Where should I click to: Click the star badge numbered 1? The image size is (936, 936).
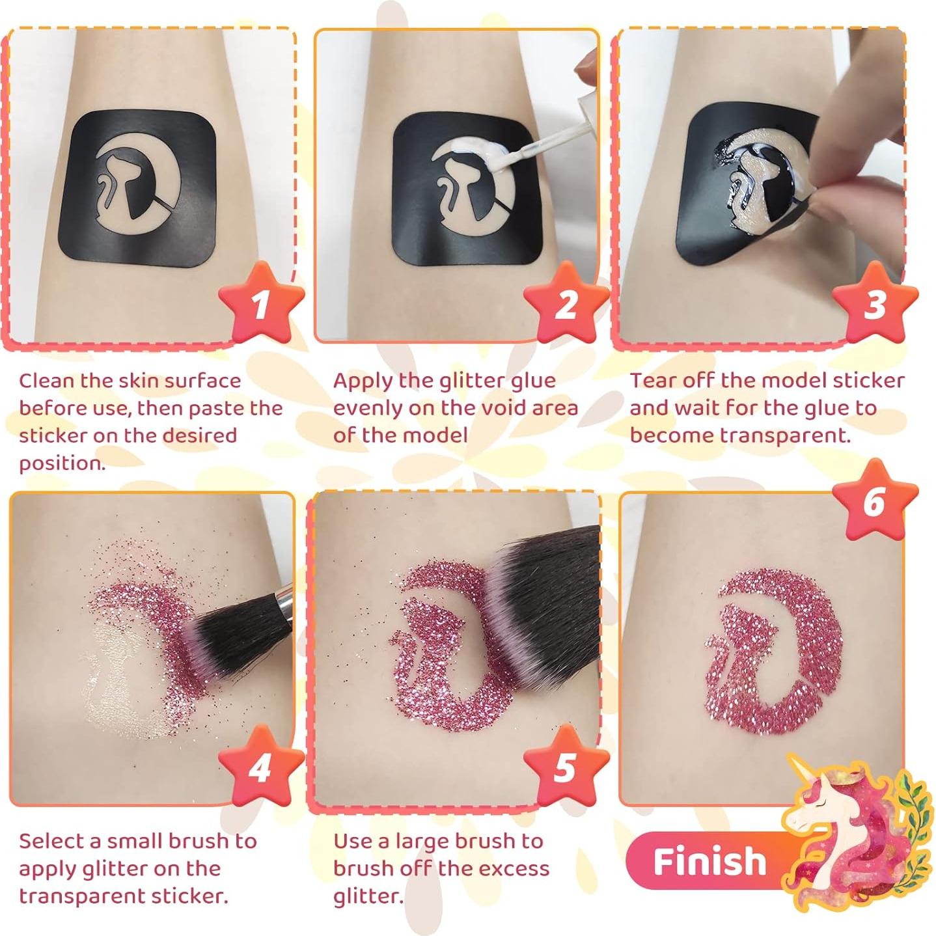point(261,303)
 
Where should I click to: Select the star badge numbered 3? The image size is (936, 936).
point(875,303)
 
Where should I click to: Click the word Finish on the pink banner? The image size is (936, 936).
point(709,862)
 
